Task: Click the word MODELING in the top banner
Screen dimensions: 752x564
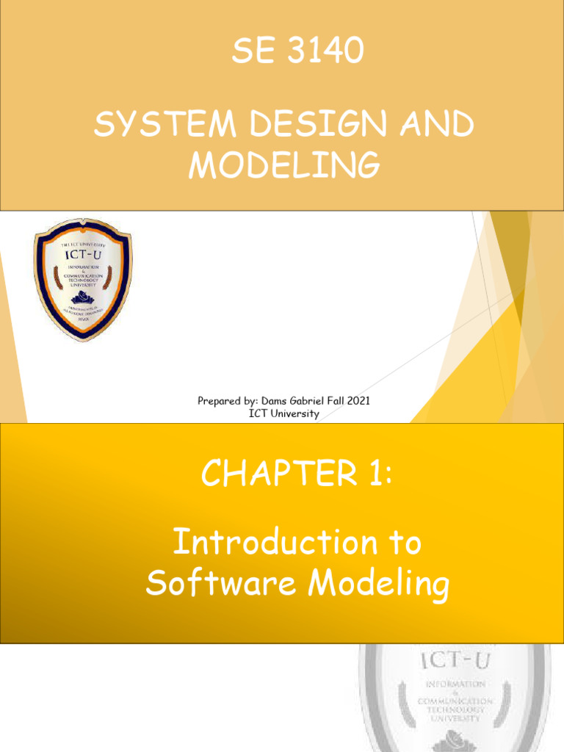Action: pyautogui.click(x=284, y=166)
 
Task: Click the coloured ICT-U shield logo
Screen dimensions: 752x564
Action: pyautogui.click(x=82, y=279)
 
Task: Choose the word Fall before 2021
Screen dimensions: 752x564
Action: pyautogui.click(x=339, y=401)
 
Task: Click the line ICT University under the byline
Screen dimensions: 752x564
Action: pyautogui.click(x=284, y=413)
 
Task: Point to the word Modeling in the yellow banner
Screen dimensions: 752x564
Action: pyautogui.click(x=378, y=585)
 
